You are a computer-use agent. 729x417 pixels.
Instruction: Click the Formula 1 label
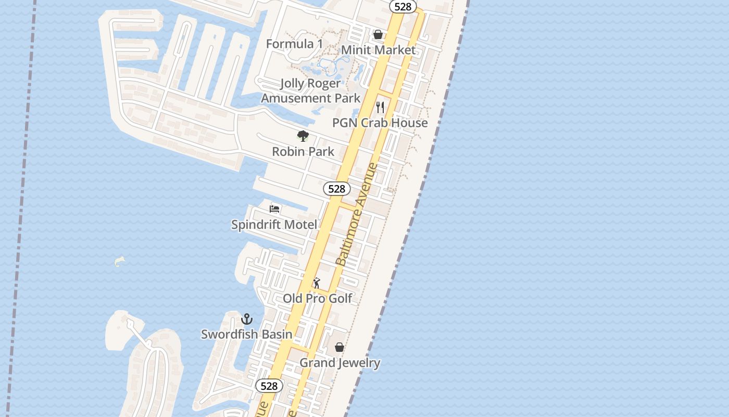(294, 44)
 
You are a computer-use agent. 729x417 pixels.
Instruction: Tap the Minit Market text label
(378, 50)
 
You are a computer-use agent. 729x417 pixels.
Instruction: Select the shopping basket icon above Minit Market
(378, 34)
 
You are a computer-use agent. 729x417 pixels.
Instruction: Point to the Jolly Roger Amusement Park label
(310, 91)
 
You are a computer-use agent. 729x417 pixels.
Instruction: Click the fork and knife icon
(380, 107)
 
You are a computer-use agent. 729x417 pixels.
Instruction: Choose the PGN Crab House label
(380, 123)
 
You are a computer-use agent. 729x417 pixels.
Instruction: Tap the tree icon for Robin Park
(303, 137)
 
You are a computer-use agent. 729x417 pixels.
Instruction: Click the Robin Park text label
(303, 152)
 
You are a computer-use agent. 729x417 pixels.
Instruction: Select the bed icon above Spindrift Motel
(274, 209)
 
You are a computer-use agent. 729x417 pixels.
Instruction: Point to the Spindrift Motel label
(274, 225)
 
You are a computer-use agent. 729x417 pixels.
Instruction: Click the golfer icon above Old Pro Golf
(317, 283)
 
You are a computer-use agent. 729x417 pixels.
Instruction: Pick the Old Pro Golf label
(318, 299)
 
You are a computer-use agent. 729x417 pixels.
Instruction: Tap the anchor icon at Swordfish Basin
(247, 318)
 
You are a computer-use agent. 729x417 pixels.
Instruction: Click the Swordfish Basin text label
(247, 334)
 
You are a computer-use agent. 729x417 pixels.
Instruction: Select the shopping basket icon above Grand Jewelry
(340, 347)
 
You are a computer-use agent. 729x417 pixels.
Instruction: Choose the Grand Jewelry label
(340, 363)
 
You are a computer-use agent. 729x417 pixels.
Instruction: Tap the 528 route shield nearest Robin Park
(337, 189)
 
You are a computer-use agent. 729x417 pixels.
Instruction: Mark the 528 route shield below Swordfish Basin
(269, 386)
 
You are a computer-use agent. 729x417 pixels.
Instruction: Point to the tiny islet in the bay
(120, 260)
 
